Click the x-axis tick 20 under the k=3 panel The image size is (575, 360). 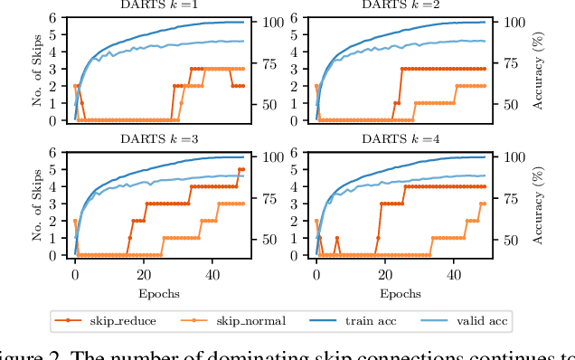click(143, 274)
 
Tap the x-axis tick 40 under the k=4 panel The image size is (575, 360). click(453, 274)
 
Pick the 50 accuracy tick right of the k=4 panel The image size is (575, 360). click(510, 240)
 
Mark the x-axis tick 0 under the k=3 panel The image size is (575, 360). click(75, 274)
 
